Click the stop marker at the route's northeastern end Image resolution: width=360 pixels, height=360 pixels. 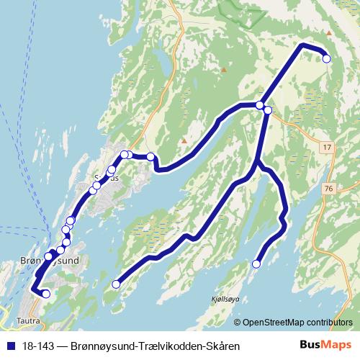(x=326, y=59)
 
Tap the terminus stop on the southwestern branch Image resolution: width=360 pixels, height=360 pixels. (x=115, y=284)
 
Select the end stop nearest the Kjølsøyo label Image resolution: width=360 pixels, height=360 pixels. (x=255, y=264)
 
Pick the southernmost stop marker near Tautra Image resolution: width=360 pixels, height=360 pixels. (x=45, y=293)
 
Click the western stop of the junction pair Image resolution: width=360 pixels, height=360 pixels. (x=260, y=105)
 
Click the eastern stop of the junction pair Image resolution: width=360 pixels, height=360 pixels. (x=268, y=110)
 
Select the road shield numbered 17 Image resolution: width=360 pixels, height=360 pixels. (x=328, y=148)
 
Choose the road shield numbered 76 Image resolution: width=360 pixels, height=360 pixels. (x=328, y=189)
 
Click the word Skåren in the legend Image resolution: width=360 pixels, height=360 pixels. (x=220, y=346)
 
